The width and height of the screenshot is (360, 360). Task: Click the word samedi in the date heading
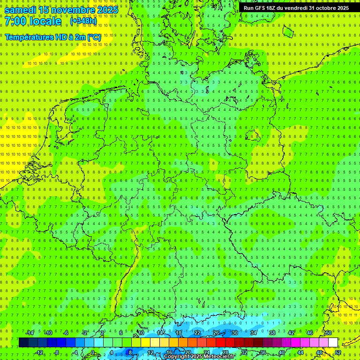pos(20,10)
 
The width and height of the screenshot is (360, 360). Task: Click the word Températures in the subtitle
pos(29,37)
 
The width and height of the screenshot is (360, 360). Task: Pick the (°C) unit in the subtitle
pos(93,37)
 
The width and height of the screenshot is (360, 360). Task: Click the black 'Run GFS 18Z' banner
pos(296,8)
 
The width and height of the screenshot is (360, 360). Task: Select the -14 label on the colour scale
pos(30,333)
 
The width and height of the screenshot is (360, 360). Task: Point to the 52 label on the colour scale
pos(337,352)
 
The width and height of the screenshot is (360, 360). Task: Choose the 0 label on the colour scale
pos(93,352)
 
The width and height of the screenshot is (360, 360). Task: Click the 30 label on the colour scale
pos(235,333)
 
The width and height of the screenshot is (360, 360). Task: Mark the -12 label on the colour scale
pos(39,352)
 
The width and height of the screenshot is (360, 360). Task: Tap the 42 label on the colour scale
pos(291,333)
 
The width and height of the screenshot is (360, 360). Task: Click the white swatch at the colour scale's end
pos(333,343)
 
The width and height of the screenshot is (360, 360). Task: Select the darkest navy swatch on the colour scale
pos(23,343)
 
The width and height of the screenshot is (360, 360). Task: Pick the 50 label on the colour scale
pos(329,333)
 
